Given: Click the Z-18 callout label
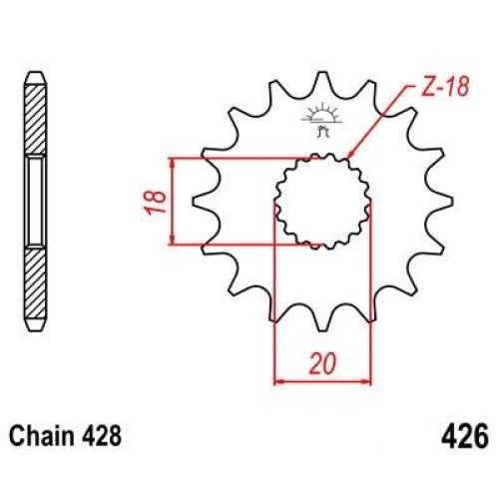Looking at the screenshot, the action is click(x=445, y=87).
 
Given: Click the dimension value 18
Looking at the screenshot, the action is click(x=155, y=202).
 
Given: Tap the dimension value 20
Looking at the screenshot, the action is click(x=322, y=363).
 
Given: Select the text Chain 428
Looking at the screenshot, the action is click(x=65, y=436).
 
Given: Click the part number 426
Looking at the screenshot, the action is click(x=465, y=436).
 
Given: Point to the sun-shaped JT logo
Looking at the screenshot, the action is click(x=321, y=120).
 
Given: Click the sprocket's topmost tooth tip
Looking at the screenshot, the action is click(x=322, y=73).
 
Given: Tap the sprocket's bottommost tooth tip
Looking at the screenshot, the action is click(x=322, y=329).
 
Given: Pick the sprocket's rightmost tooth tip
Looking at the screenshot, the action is click(x=451, y=202).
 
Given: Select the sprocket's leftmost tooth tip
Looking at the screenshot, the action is click(x=194, y=202).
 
